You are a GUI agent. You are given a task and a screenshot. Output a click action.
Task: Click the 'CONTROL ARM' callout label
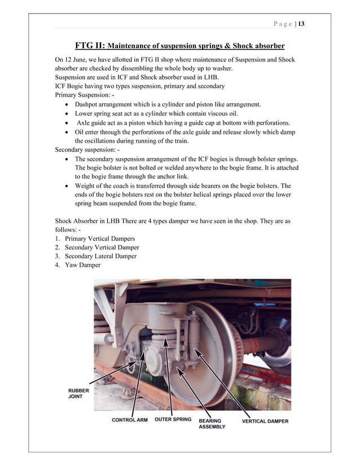(x=130, y=420)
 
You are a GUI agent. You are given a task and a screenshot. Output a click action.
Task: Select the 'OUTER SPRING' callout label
(x=173, y=420)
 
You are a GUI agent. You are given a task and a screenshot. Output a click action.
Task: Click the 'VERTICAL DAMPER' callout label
(x=265, y=421)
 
